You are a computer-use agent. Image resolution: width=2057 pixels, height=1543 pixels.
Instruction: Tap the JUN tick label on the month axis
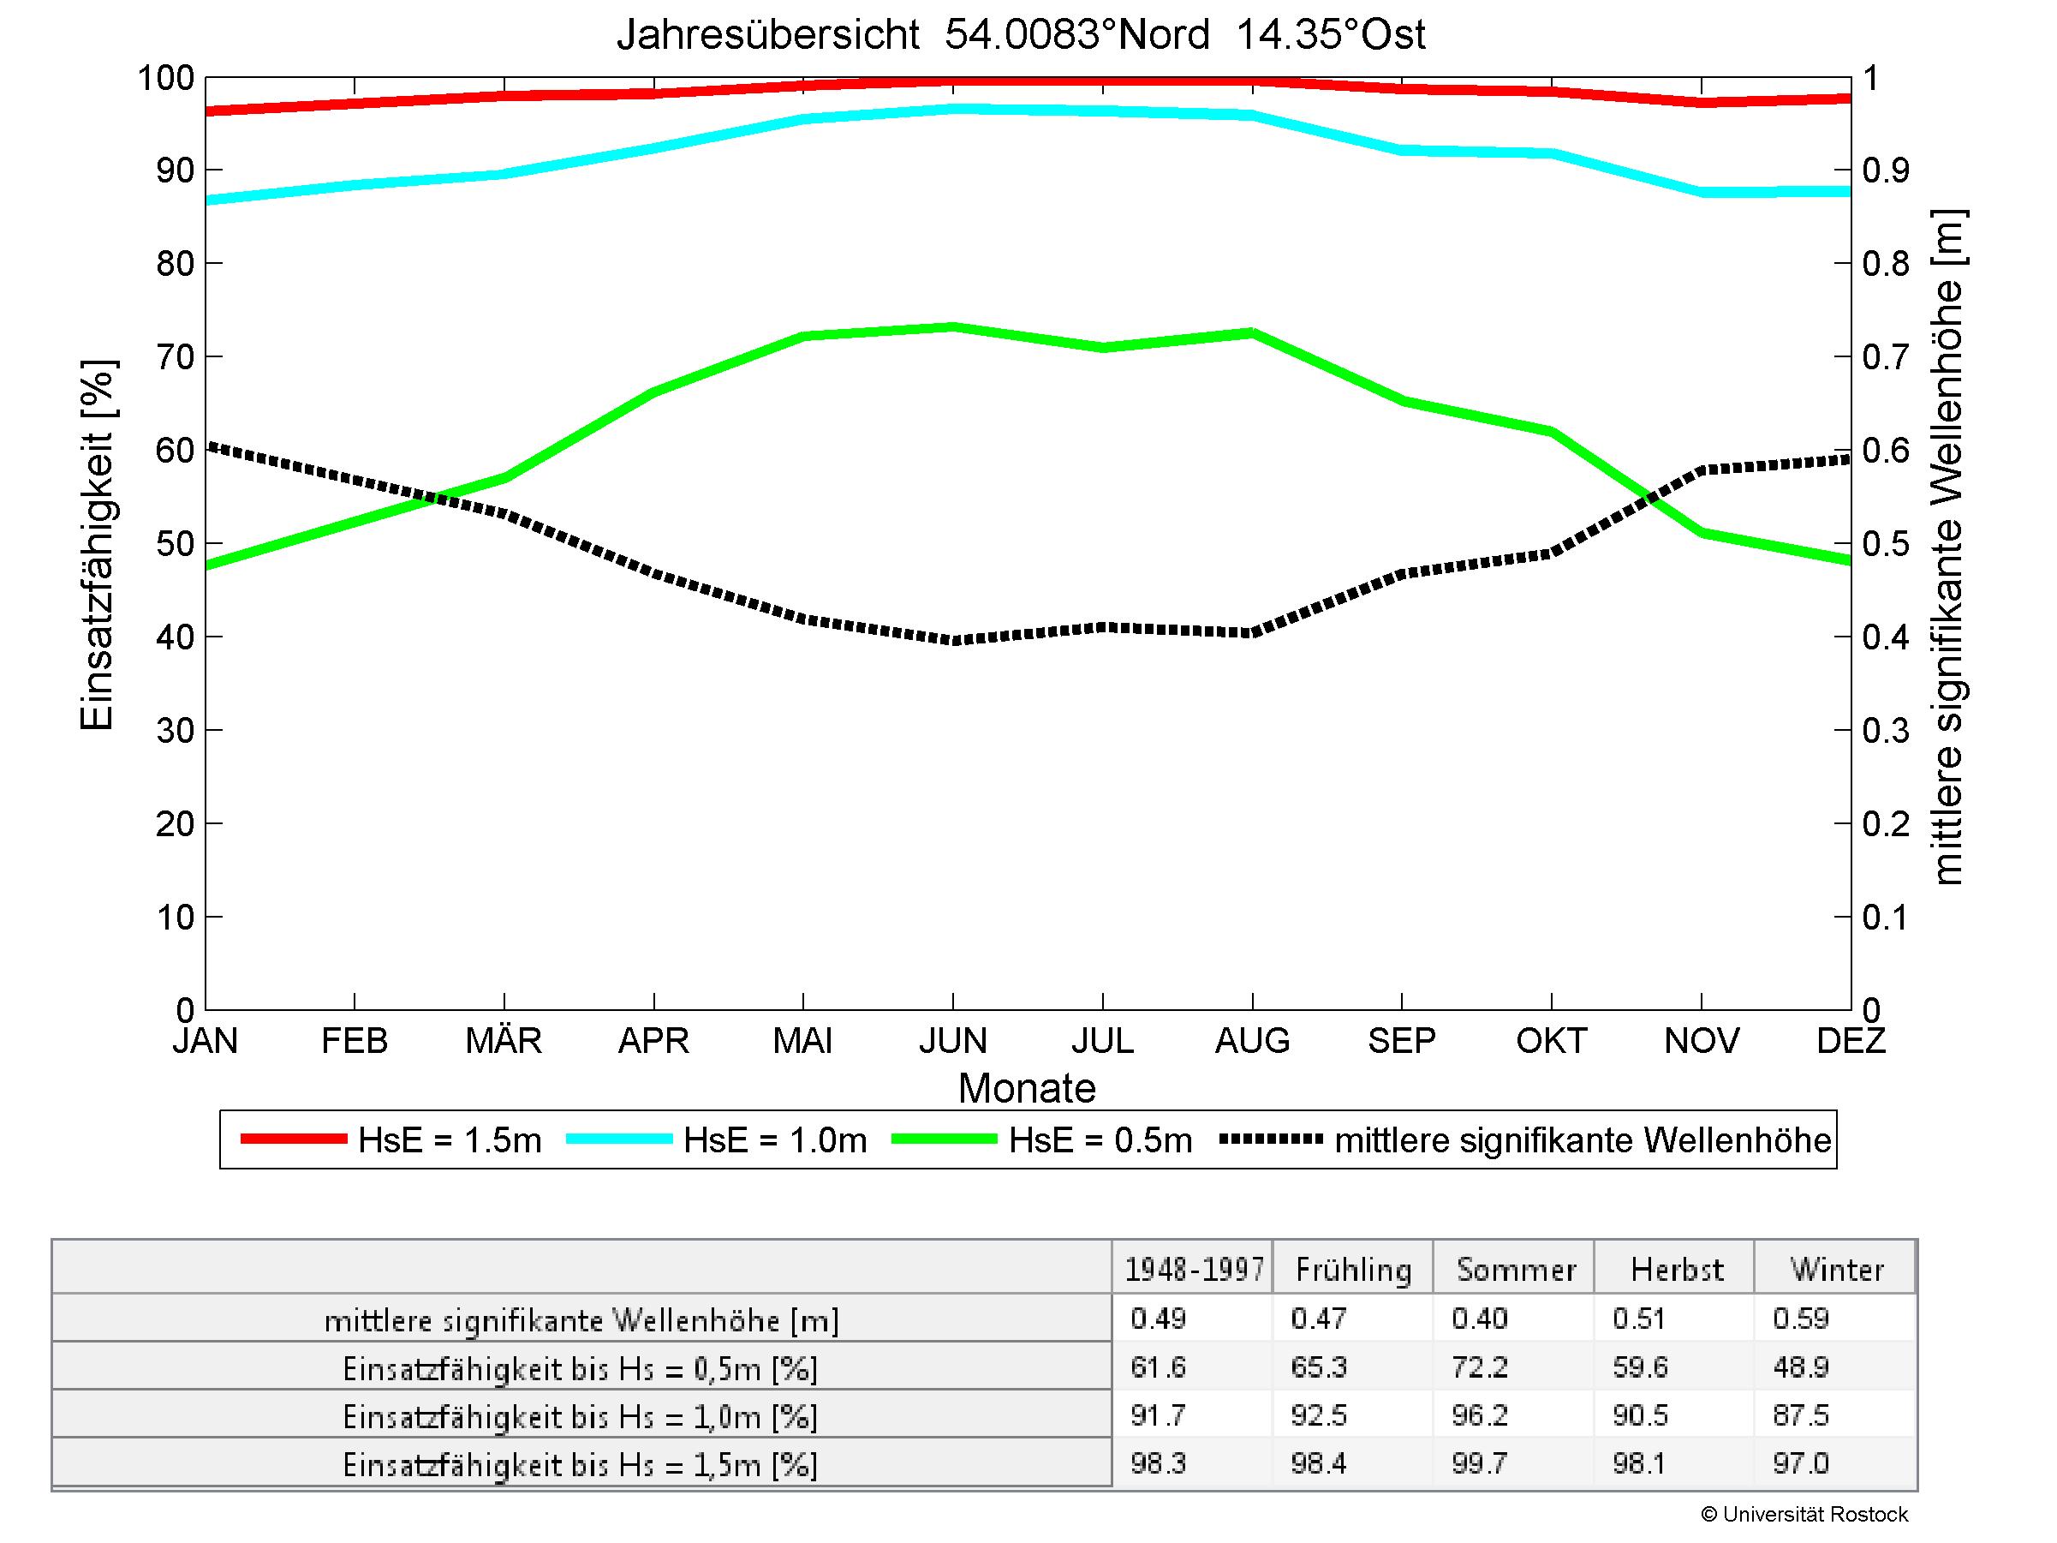952,1040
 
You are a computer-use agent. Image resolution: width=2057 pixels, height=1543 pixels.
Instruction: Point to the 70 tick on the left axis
175,357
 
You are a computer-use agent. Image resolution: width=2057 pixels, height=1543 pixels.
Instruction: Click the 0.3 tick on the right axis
1885,731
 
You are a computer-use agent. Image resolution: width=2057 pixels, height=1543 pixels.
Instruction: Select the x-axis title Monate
1027,1088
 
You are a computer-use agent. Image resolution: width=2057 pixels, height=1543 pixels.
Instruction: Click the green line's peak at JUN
953,326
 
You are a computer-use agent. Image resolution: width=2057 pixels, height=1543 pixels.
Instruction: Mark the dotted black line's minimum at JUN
953,641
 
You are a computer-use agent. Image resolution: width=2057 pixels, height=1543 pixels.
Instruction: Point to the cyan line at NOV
1702,193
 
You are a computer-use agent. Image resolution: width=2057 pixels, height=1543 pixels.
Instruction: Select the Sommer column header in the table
1516,1270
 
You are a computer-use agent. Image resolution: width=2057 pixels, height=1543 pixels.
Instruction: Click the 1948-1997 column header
1194,1270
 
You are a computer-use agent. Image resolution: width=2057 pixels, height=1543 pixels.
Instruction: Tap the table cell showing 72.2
1479,1367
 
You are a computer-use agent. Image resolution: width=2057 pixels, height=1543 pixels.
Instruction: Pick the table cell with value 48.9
1800,1367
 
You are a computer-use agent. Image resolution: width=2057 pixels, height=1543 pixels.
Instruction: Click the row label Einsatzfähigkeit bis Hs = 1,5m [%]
581,1465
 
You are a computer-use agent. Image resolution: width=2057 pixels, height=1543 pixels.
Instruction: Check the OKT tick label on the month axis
1551,1040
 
